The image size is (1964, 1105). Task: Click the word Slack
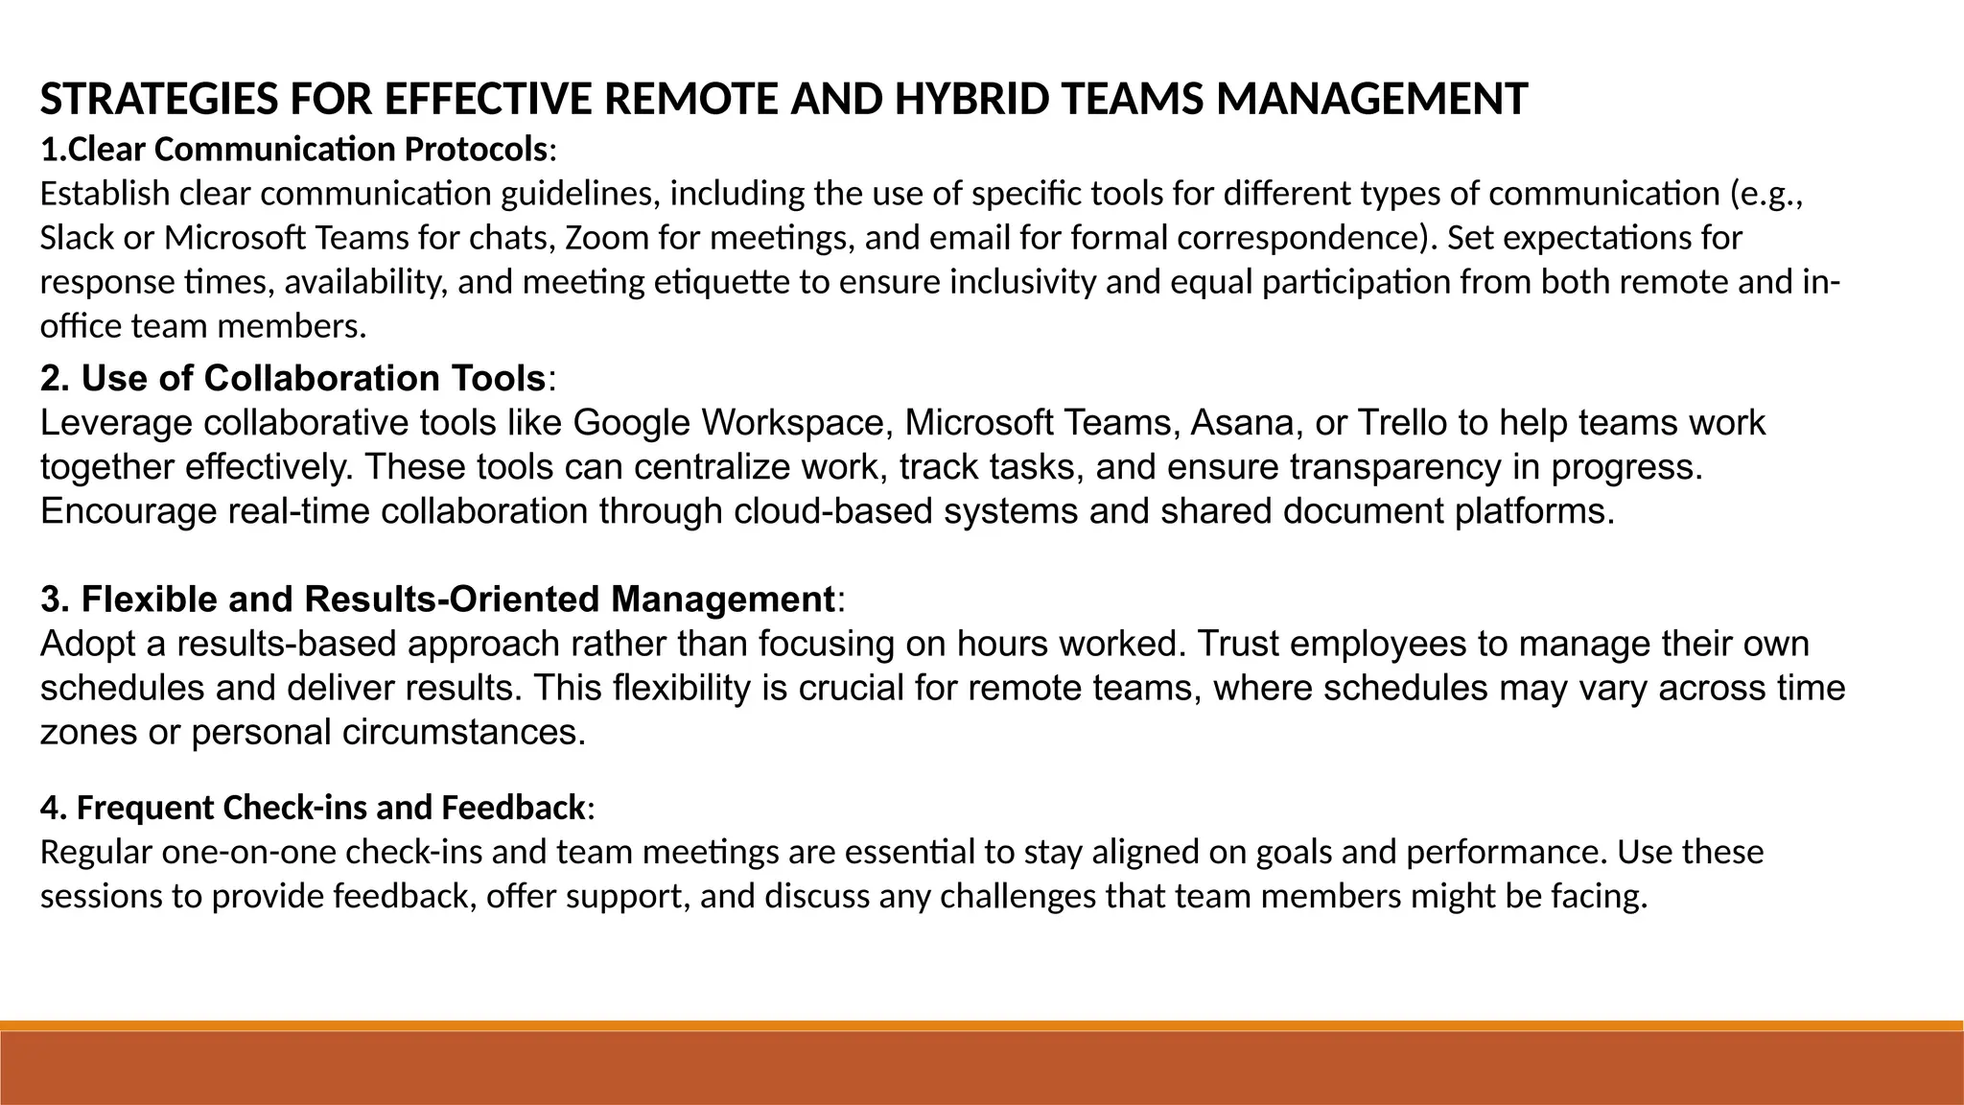[x=77, y=238]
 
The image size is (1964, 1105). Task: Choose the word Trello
[x=1404, y=423]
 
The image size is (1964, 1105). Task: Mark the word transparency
[x=1395, y=467]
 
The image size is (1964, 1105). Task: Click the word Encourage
[x=129, y=511]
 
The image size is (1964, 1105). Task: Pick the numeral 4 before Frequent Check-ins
[x=49, y=809]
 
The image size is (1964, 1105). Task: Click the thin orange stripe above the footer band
[x=982, y=1025]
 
